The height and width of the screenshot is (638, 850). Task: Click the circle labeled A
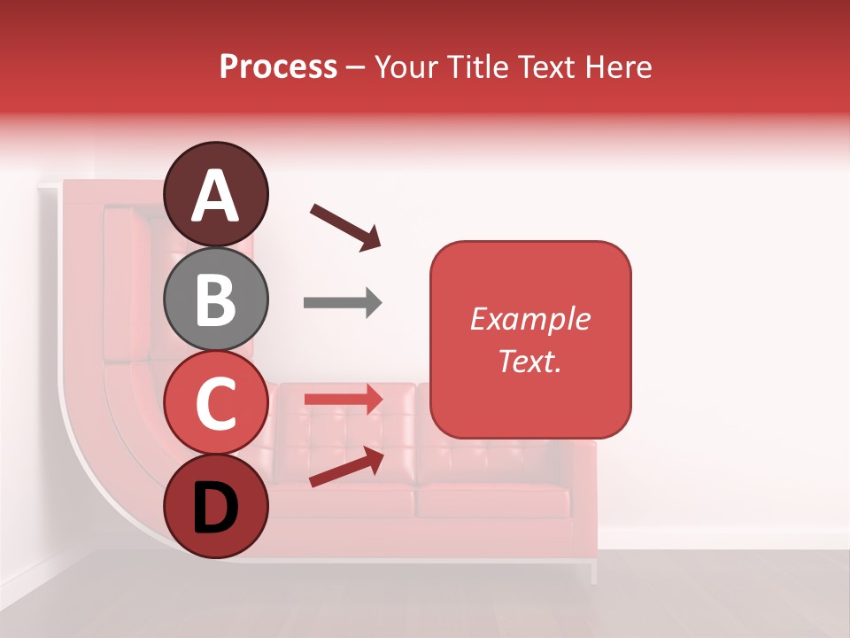pyautogui.click(x=216, y=194)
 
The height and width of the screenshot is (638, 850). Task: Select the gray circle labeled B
pyautogui.click(x=216, y=299)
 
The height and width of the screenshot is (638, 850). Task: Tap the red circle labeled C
pyautogui.click(x=216, y=403)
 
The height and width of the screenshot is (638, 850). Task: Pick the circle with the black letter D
pyautogui.click(x=216, y=506)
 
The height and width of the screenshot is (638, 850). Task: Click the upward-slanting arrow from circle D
pyautogui.click(x=346, y=466)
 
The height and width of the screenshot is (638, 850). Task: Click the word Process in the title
pyautogui.click(x=278, y=67)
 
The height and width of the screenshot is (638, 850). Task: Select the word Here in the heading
pyautogui.click(x=619, y=67)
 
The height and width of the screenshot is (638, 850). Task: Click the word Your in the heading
pyautogui.click(x=405, y=67)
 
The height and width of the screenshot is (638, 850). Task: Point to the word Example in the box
pyautogui.click(x=530, y=319)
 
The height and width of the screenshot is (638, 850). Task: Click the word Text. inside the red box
pyautogui.click(x=530, y=361)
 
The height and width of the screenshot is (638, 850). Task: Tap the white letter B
pyautogui.click(x=216, y=300)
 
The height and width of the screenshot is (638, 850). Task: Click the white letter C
pyautogui.click(x=216, y=404)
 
